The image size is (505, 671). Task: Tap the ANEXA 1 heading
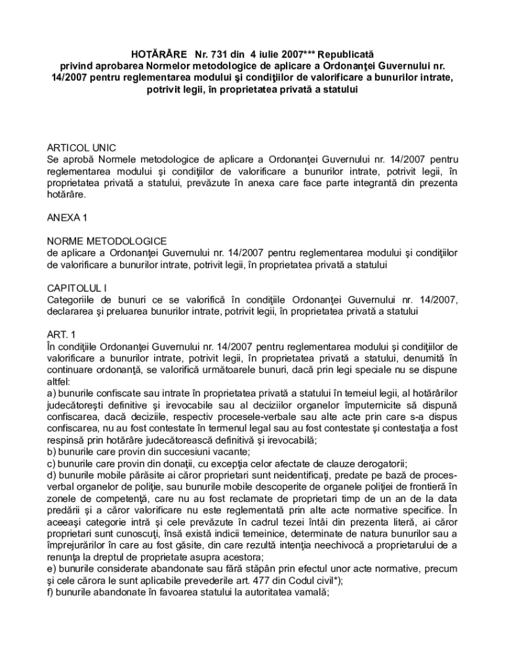[67, 218]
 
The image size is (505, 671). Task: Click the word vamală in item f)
[312, 592]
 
